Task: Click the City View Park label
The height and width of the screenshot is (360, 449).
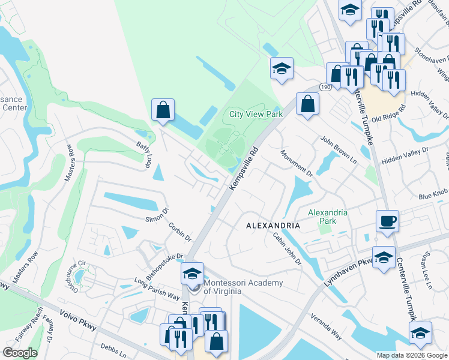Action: coord(256,114)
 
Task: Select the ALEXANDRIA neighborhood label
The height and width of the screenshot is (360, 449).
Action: coord(273,225)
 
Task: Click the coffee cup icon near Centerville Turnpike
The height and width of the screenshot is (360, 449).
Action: coord(387,221)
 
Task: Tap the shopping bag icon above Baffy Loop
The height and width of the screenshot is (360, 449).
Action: coord(163,110)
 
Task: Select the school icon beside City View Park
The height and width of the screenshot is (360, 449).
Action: coord(281,68)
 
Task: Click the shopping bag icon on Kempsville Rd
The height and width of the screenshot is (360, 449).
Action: coord(307,103)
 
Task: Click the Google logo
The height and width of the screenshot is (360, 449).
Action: coord(20,353)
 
